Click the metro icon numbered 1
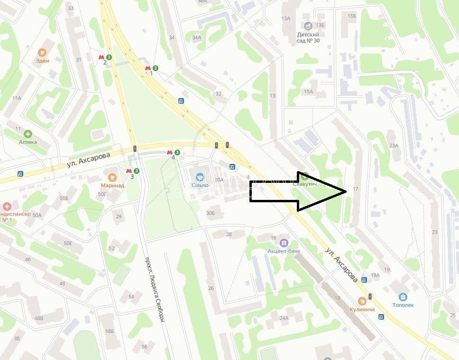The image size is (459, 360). tap(148, 68)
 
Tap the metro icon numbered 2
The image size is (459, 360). tap(101, 57)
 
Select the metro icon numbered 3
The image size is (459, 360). tap(129, 171)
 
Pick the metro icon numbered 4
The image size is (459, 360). tap(169, 152)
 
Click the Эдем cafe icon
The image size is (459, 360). tap(42, 52)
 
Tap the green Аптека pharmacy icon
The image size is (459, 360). tap(28, 134)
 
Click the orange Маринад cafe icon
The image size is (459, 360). tap(112, 177)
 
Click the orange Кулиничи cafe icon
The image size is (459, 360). tap(362, 300)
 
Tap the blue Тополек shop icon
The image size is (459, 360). tap(403, 297)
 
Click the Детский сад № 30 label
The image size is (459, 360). tap(308, 37)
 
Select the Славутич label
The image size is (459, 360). tap(304, 184)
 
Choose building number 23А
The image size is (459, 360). tap(393, 145)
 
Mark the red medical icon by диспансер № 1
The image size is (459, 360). tap(7, 207)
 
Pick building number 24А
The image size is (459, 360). tap(284, 318)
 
